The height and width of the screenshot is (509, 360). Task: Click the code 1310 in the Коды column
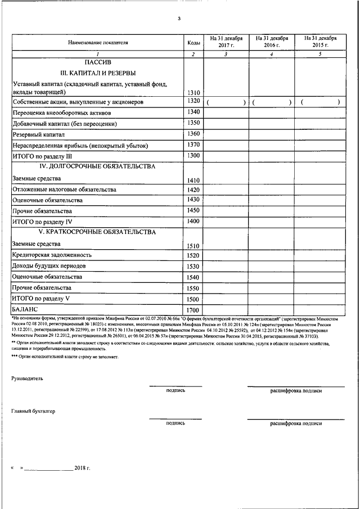(x=193, y=92)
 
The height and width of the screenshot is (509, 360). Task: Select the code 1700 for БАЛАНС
(x=193, y=310)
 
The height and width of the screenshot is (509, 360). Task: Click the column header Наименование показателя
(x=98, y=42)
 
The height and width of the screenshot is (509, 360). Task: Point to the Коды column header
(x=193, y=42)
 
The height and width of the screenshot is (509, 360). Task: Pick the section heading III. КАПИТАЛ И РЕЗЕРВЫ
(x=98, y=73)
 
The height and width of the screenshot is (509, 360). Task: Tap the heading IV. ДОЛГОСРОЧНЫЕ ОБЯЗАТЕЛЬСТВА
(x=98, y=166)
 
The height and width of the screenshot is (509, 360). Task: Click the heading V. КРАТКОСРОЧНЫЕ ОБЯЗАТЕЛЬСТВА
(x=98, y=232)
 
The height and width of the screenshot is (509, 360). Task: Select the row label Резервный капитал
(x=39, y=135)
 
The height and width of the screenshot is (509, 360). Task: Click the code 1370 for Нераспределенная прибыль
(x=193, y=145)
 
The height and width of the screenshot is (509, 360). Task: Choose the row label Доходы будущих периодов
(x=49, y=265)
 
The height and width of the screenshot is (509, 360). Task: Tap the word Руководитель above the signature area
(x=27, y=379)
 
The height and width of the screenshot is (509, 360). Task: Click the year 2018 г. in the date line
(x=82, y=467)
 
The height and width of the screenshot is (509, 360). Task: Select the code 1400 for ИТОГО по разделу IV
(x=193, y=221)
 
